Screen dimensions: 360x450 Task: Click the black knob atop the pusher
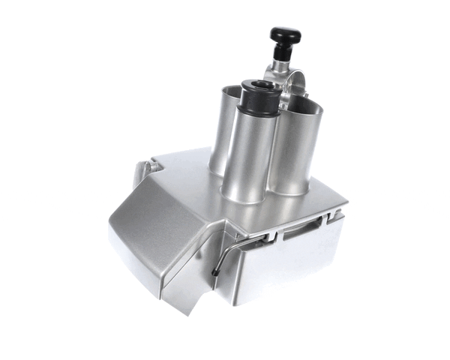click(286, 35)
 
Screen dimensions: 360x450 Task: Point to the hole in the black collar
click(256, 85)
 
